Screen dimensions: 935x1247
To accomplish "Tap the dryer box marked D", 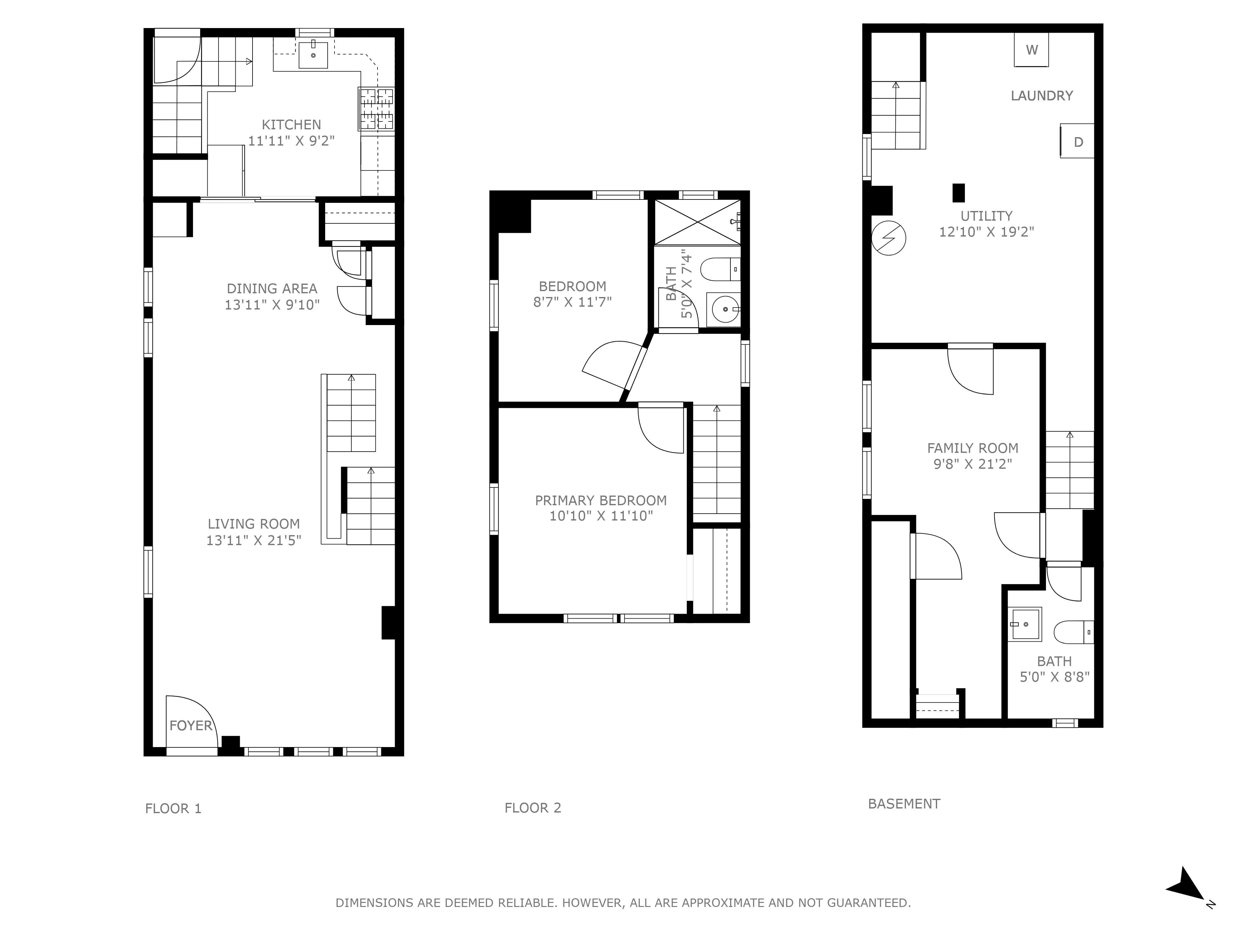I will (x=1077, y=141).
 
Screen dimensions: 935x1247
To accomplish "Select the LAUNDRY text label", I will (x=1041, y=96).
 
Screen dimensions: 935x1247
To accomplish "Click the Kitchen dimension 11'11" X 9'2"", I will (x=291, y=140).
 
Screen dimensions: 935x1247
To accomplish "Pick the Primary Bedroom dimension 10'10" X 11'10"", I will (x=601, y=516).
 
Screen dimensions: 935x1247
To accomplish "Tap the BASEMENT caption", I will (x=904, y=804).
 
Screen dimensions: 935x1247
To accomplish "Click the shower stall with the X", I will (x=697, y=222).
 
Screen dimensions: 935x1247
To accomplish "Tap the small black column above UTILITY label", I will (x=958, y=193).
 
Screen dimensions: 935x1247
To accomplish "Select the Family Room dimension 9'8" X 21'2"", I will (x=972, y=464).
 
